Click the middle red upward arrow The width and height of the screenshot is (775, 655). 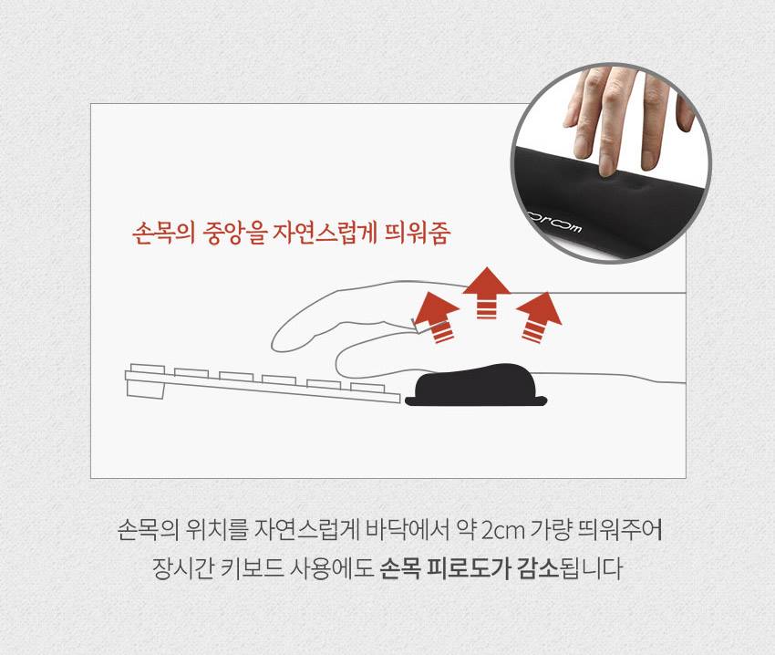(x=486, y=292)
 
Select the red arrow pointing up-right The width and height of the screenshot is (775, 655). (x=541, y=317)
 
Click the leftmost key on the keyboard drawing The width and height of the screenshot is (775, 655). (x=148, y=369)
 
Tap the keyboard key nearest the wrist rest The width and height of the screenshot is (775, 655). (x=367, y=387)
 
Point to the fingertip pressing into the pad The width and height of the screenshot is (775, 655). (x=605, y=168)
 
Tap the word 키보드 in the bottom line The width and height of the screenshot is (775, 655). (x=252, y=568)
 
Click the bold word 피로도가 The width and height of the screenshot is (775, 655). (x=469, y=568)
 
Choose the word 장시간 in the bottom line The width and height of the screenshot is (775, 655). (x=183, y=568)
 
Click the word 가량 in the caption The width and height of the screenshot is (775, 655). (x=551, y=530)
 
